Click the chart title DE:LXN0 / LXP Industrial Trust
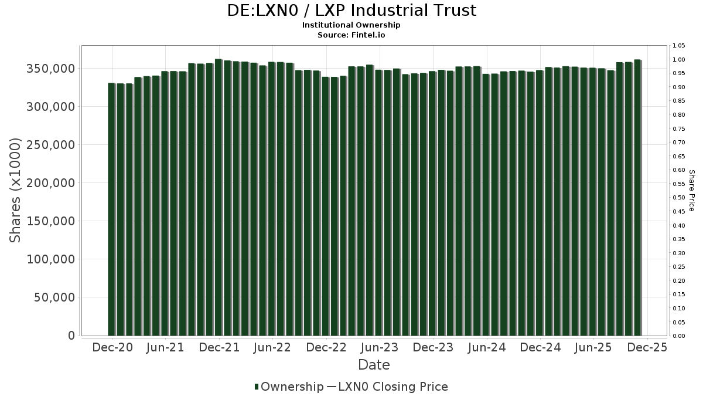[351, 11]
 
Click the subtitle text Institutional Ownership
[351, 25]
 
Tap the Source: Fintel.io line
[351, 35]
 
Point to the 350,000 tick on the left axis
[51, 69]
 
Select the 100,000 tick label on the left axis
[51, 259]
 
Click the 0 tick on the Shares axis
[71, 336]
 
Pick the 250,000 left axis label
[51, 145]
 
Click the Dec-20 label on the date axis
[112, 347]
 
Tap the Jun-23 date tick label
[380, 347]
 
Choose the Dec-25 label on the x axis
[647, 347]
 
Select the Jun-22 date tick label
[272, 347]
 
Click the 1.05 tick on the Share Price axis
[679, 46]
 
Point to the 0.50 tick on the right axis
[679, 198]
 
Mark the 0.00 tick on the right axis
[679, 336]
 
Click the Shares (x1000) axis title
[16, 190]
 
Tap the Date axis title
[374, 365]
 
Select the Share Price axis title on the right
[691, 190]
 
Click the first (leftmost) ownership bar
[111, 209]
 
